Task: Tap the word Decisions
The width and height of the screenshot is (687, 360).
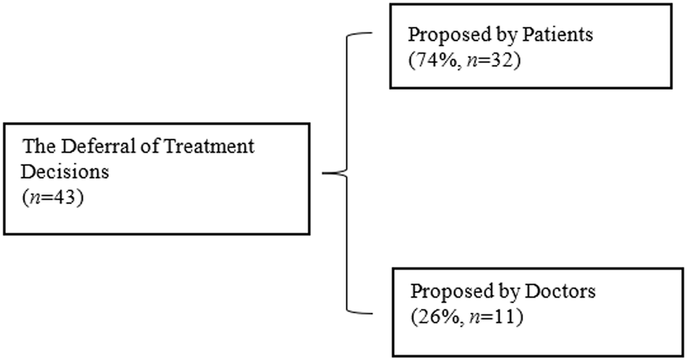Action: pos(59,173)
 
